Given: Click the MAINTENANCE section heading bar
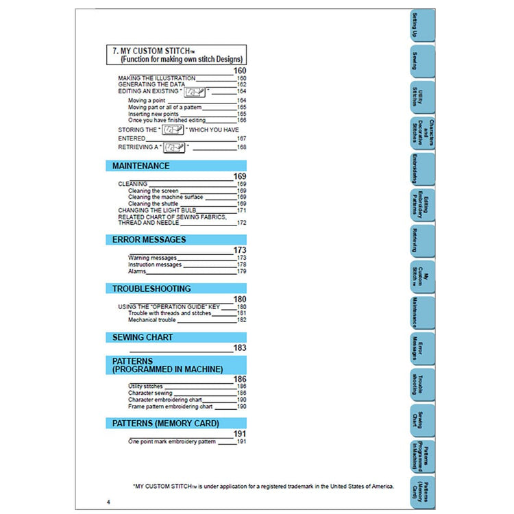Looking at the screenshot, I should [x=175, y=166].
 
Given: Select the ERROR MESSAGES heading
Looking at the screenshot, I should [x=175, y=240].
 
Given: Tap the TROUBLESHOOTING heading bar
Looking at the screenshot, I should [x=175, y=289].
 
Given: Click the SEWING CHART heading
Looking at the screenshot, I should [x=175, y=337].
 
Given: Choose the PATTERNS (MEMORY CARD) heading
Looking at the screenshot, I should [x=175, y=424].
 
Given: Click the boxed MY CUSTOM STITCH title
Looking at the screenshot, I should [x=176, y=55].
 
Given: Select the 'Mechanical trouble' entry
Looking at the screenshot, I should [x=152, y=320].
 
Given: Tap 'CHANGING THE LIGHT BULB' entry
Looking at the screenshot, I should [x=157, y=210].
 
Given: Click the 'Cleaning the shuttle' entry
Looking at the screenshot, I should [x=153, y=204].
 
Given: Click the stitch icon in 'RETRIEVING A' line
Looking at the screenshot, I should [x=174, y=147].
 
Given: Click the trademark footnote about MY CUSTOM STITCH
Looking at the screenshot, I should [x=263, y=486].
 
